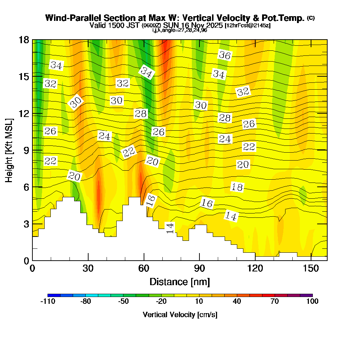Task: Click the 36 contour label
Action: (x=225, y=55)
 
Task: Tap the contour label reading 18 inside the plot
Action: (x=237, y=187)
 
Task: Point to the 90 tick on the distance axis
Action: (x=199, y=269)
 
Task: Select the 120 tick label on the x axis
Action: (x=255, y=269)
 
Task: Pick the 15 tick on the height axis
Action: (x=24, y=77)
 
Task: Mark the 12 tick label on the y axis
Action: (x=24, y=113)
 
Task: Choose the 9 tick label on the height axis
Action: (x=26, y=150)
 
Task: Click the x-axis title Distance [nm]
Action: (x=180, y=282)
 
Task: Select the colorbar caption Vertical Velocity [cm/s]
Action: (x=180, y=315)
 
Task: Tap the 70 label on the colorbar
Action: (x=275, y=302)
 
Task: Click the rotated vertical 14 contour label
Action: (x=170, y=228)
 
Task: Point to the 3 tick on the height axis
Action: (x=26, y=224)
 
